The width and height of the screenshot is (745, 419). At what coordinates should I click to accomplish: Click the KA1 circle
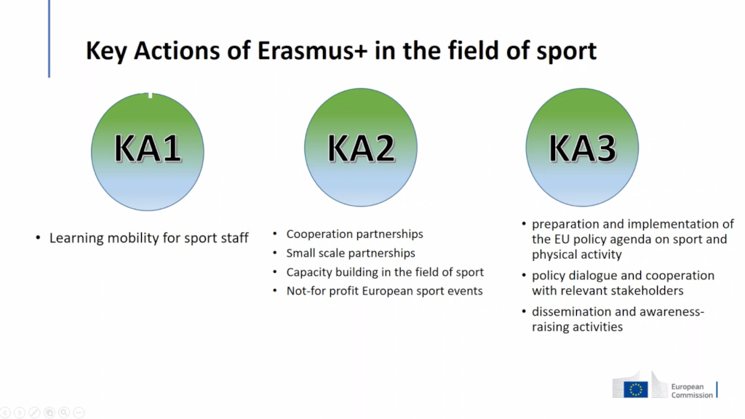coord(148,151)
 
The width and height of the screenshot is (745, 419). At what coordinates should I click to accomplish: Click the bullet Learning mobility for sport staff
coord(149,238)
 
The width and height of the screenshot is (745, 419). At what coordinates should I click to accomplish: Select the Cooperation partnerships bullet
coord(354,234)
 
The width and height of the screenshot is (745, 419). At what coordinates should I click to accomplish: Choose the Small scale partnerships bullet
coord(351,253)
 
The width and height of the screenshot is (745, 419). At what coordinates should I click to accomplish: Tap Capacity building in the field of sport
coord(385,272)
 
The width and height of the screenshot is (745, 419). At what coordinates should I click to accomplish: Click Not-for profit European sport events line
coord(384,291)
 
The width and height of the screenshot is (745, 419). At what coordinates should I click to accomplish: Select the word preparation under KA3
coord(567,224)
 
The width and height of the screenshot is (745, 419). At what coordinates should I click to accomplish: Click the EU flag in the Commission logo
coord(637,389)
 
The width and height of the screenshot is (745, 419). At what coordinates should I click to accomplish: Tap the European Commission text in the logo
coord(692,390)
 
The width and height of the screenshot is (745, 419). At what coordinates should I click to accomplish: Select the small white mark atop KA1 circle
coord(151,94)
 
